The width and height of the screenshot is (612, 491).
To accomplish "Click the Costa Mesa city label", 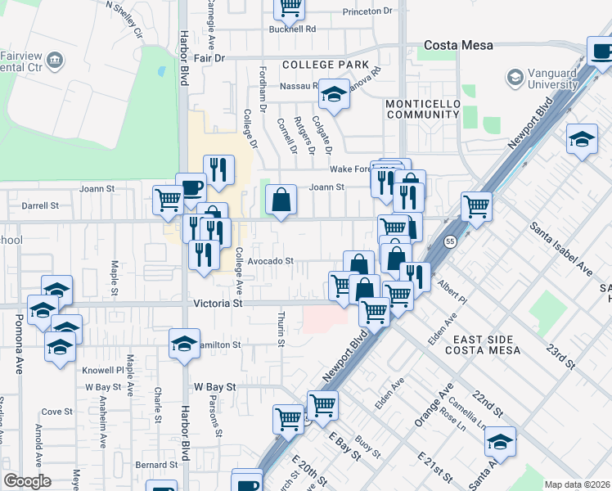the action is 458,45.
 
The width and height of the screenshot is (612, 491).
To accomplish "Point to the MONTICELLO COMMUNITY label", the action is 422,110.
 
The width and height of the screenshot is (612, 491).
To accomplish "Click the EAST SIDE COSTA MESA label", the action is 483,345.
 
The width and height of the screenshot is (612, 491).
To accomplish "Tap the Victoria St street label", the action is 219,303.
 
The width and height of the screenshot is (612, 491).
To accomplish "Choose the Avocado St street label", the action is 270,261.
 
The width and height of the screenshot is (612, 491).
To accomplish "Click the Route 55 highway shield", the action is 450,242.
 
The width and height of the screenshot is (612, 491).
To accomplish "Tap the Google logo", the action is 27,481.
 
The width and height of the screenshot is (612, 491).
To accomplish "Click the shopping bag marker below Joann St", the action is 281,199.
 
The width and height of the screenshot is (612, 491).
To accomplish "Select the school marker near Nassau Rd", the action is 333,94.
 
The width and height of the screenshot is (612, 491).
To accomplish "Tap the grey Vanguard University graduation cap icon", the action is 515,78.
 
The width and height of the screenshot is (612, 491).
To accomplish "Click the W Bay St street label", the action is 214,386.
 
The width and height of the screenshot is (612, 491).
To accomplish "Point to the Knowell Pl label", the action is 102,370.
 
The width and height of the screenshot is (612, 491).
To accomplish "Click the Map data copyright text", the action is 576,484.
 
